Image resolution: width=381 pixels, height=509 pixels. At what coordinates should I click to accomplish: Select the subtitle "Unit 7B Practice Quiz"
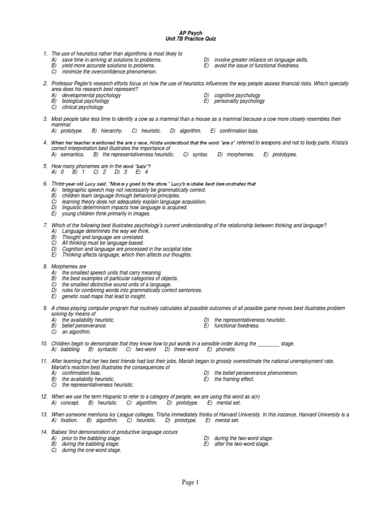coord(190,39)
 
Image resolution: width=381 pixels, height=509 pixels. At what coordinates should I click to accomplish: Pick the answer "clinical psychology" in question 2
coord(83,107)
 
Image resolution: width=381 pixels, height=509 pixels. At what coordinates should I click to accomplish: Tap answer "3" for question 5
coord(126,172)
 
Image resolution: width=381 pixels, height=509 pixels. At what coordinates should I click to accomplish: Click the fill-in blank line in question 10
coord(268,343)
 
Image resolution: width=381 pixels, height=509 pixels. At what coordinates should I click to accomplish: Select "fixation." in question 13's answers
coord(70,420)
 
